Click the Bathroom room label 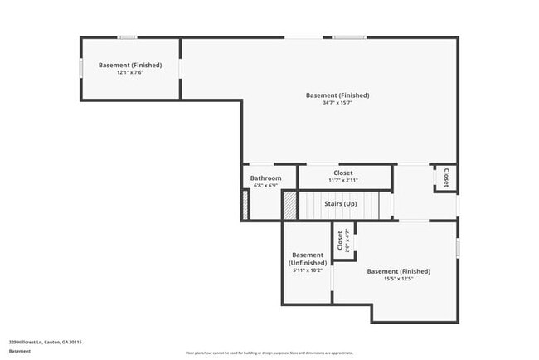(266, 178)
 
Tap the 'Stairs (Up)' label (340, 203)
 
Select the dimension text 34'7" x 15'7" (337, 103)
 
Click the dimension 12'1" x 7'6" (130, 73)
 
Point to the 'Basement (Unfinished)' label (308, 259)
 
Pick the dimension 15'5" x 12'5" (399, 280)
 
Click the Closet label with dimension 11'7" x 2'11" (343, 173)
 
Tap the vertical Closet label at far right (446, 178)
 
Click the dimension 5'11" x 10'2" (308, 270)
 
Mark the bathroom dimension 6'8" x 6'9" (266, 186)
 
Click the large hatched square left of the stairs (289, 206)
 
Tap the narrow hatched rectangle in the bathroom (245, 206)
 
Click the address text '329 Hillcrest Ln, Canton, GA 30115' (46, 341)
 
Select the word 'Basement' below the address (20, 351)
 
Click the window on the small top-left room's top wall (127, 37)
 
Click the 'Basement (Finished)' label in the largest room (337, 95)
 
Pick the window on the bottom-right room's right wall (457, 247)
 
